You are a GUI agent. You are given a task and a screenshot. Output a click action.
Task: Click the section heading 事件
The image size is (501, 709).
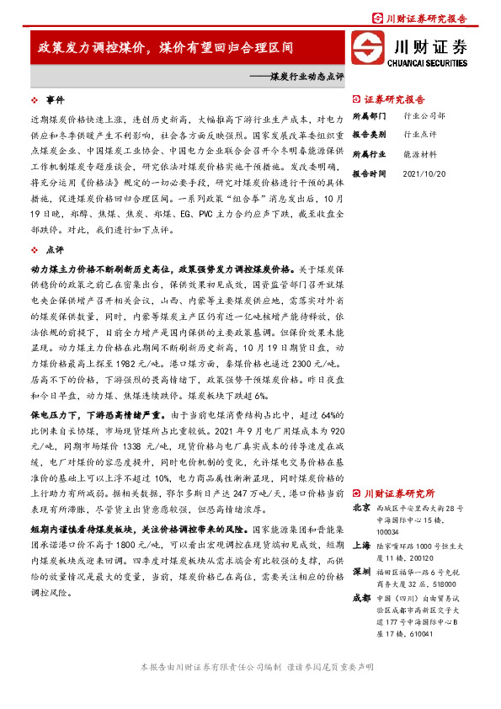[x=55, y=99]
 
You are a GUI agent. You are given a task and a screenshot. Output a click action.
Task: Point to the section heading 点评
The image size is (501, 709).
[x=55, y=250]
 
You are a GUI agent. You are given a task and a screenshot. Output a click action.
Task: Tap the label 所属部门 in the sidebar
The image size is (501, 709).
[x=368, y=115]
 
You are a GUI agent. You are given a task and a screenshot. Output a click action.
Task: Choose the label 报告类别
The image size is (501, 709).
[x=368, y=135]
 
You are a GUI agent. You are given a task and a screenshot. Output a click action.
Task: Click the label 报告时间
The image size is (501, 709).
[x=368, y=173]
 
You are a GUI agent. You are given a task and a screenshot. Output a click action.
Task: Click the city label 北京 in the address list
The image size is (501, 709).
[x=360, y=509]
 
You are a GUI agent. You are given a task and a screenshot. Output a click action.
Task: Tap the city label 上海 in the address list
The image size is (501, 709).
[x=360, y=545]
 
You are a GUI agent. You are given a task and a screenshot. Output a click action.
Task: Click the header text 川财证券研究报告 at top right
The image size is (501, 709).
[x=439, y=17]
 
